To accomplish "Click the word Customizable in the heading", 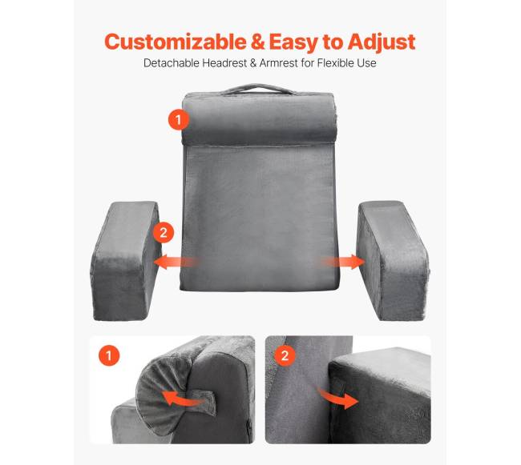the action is point(176,42).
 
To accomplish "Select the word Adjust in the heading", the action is point(382,42).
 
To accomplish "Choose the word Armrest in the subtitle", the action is point(278,62).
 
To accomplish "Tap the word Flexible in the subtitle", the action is point(335,62).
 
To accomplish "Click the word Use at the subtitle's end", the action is point(367,62).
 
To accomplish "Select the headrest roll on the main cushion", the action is point(259,118).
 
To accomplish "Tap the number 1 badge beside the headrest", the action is point(179,119).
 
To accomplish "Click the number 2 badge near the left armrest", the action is point(164,232).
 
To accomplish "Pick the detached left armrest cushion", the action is point(126,261).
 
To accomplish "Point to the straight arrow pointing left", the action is point(176,262).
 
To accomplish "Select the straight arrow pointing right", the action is point(343,262).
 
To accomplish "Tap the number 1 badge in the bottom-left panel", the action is point(109,355).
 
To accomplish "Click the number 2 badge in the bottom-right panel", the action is point(285,355).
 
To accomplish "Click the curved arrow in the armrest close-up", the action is point(339,398).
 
